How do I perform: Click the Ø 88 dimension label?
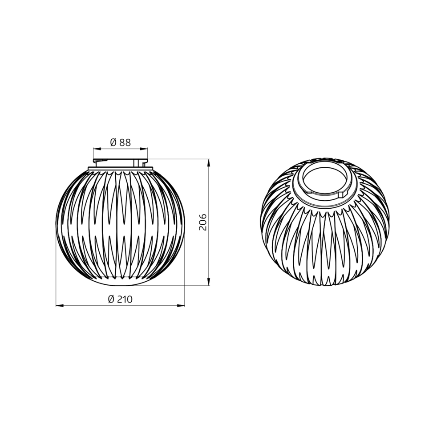tap(120, 142)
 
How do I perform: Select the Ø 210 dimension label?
tap(120, 299)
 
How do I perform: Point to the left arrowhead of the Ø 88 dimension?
tap(97, 149)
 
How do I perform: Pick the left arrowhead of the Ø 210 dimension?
tap(60, 306)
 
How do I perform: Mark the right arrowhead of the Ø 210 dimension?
tap(181, 306)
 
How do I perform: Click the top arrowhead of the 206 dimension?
tap(209, 163)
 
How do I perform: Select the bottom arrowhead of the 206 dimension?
tap(209, 282)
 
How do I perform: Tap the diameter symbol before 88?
tap(113, 142)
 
